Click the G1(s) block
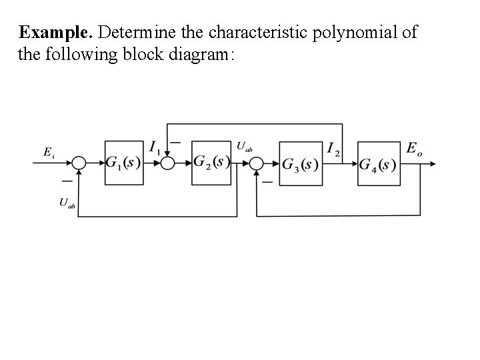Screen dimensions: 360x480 (124, 163)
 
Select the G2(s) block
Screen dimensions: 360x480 (211, 163)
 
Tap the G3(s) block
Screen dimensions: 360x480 (299, 163)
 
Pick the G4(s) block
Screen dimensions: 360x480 (378, 163)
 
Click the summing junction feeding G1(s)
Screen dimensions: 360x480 (80, 163)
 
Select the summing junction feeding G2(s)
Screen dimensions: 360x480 (167, 163)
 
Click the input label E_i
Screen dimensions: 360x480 (49, 153)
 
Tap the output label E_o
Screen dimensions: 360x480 (413, 149)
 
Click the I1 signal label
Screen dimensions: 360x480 (154, 147)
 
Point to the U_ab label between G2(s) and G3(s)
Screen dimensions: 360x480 (244, 146)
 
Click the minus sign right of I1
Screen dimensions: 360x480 (175, 142)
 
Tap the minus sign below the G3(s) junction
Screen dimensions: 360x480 (267, 181)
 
